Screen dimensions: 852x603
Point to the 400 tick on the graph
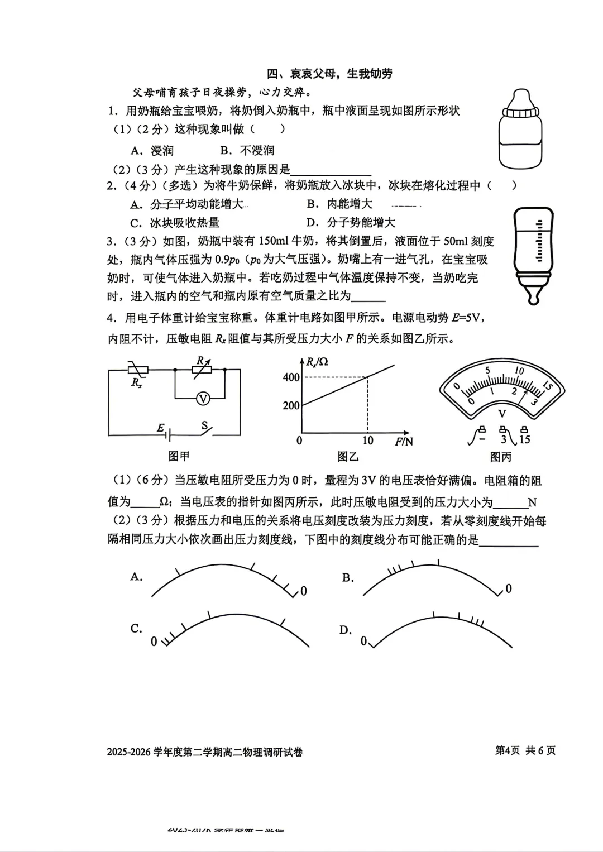click(291, 378)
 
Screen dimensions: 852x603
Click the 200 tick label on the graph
click(291, 406)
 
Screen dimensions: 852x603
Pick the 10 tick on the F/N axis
click(367, 441)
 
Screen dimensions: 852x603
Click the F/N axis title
click(404, 442)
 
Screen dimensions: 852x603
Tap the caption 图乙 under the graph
click(348, 457)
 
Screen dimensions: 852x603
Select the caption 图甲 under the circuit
click(179, 456)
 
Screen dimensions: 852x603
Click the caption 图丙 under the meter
click(501, 457)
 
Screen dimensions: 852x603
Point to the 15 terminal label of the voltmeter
click(524, 439)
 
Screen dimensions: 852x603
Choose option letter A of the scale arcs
click(137, 577)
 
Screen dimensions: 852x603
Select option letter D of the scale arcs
click(346, 630)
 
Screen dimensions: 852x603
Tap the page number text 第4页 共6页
click(525, 750)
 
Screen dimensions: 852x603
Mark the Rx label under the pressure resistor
click(136, 383)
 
